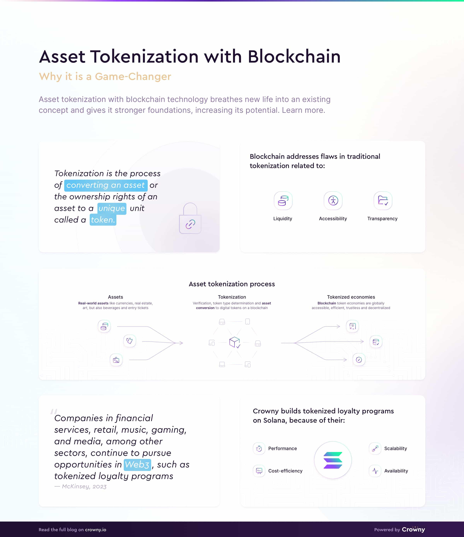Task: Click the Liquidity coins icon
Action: pyautogui.click(x=283, y=201)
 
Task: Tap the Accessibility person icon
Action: pyautogui.click(x=333, y=201)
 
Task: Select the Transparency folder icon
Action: pyautogui.click(x=383, y=201)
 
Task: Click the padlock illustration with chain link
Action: pyautogui.click(x=190, y=218)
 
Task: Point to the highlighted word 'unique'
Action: pyautogui.click(x=112, y=208)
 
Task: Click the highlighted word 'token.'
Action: pyautogui.click(x=103, y=220)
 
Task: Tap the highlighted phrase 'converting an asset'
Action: pyautogui.click(x=106, y=185)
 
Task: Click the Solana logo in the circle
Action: pyautogui.click(x=333, y=460)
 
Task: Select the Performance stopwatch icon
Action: pyautogui.click(x=259, y=449)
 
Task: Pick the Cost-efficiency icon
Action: pyautogui.click(x=259, y=471)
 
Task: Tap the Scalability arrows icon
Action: pyautogui.click(x=375, y=449)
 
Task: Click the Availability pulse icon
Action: pyautogui.click(x=375, y=471)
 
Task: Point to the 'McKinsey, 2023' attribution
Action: pyautogui.click(x=84, y=486)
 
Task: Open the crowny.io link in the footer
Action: pyautogui.click(x=96, y=529)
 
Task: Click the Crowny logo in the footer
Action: pyautogui.click(x=413, y=529)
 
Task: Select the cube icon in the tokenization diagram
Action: pyautogui.click(x=235, y=342)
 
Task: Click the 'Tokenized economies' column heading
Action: pyautogui.click(x=351, y=297)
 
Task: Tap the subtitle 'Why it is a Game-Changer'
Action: pyautogui.click(x=105, y=76)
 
